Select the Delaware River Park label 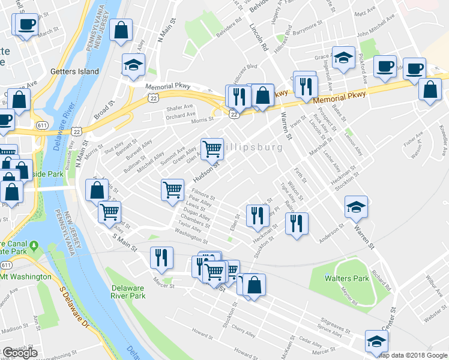click(x=128, y=292)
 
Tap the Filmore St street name click(x=203, y=195)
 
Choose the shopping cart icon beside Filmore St click(x=172, y=190)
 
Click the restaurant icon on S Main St click(x=160, y=257)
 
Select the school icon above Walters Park click(x=356, y=207)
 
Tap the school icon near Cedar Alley click(x=376, y=342)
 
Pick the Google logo click(x=20, y=353)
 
